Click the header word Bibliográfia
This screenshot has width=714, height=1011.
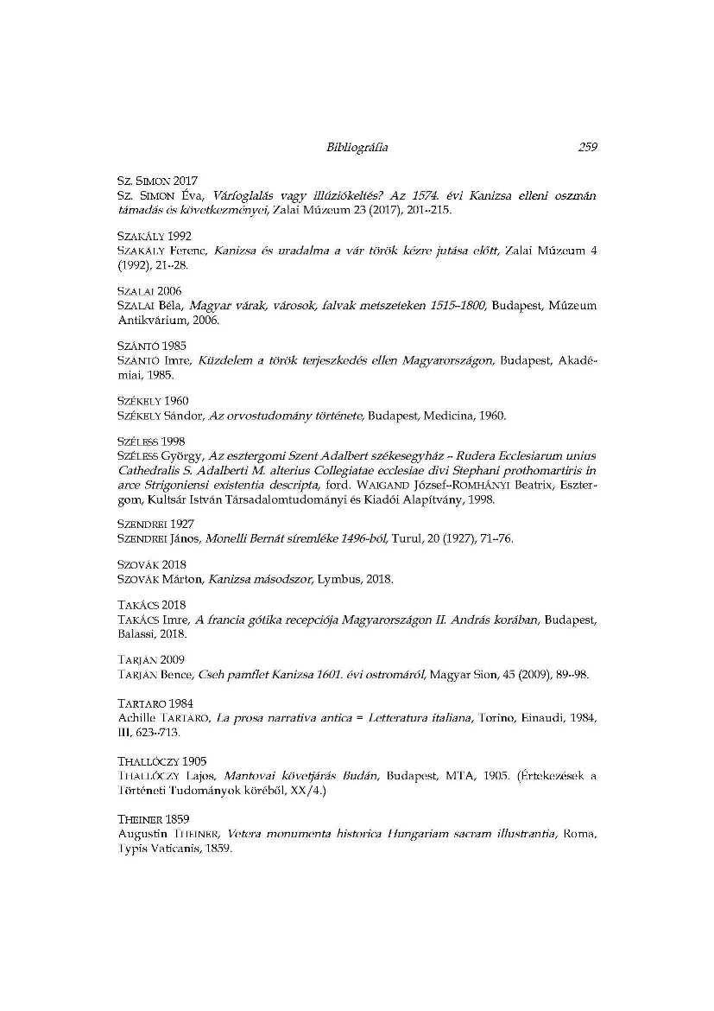point(357,147)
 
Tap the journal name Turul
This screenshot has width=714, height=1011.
point(406,538)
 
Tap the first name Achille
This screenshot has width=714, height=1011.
point(135,717)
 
